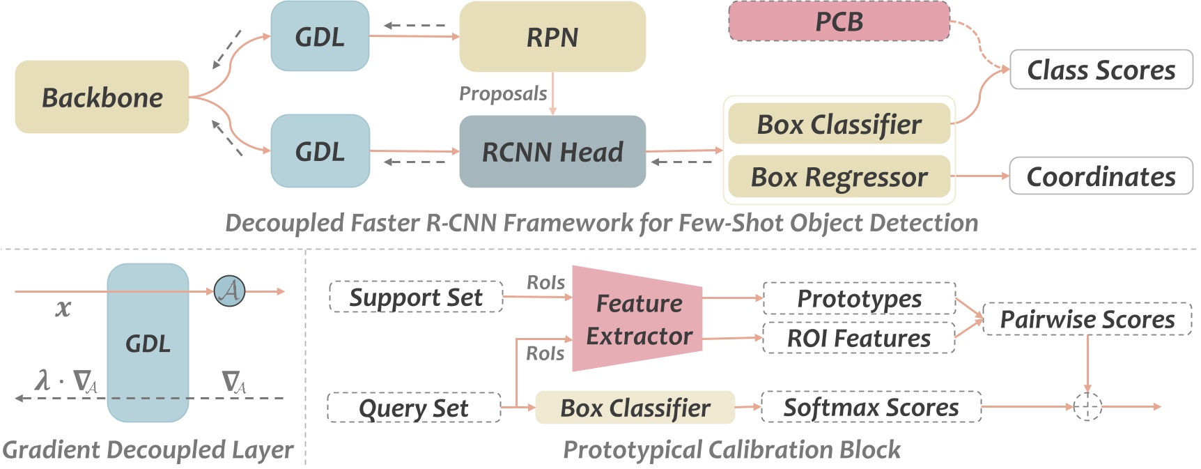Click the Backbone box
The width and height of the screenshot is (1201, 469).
(x=102, y=97)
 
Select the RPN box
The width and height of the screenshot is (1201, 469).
(x=552, y=36)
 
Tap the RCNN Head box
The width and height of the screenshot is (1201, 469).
(x=552, y=151)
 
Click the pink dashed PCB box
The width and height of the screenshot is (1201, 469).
(x=839, y=21)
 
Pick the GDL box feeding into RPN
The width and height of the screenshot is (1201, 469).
(x=320, y=36)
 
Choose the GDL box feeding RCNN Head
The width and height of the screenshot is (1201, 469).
(x=320, y=151)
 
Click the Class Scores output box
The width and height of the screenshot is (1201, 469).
(x=1101, y=69)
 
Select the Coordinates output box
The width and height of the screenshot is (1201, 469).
(x=1101, y=176)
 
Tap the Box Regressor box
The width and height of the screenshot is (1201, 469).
(x=839, y=176)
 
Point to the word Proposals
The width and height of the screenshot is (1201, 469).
(x=503, y=93)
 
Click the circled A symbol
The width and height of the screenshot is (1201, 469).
(x=229, y=291)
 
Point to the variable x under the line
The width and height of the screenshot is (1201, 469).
(x=63, y=307)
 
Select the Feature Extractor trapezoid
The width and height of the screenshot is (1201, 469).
(x=637, y=319)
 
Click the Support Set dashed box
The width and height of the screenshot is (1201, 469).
(x=415, y=297)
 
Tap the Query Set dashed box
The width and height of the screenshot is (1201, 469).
(x=413, y=408)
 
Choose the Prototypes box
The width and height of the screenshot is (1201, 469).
(x=858, y=298)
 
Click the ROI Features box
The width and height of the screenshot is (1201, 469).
(x=858, y=338)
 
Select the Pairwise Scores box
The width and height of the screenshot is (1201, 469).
(x=1086, y=318)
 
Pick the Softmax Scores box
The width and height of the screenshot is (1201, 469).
(x=871, y=407)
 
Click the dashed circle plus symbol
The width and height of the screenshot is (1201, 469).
(x=1087, y=406)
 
